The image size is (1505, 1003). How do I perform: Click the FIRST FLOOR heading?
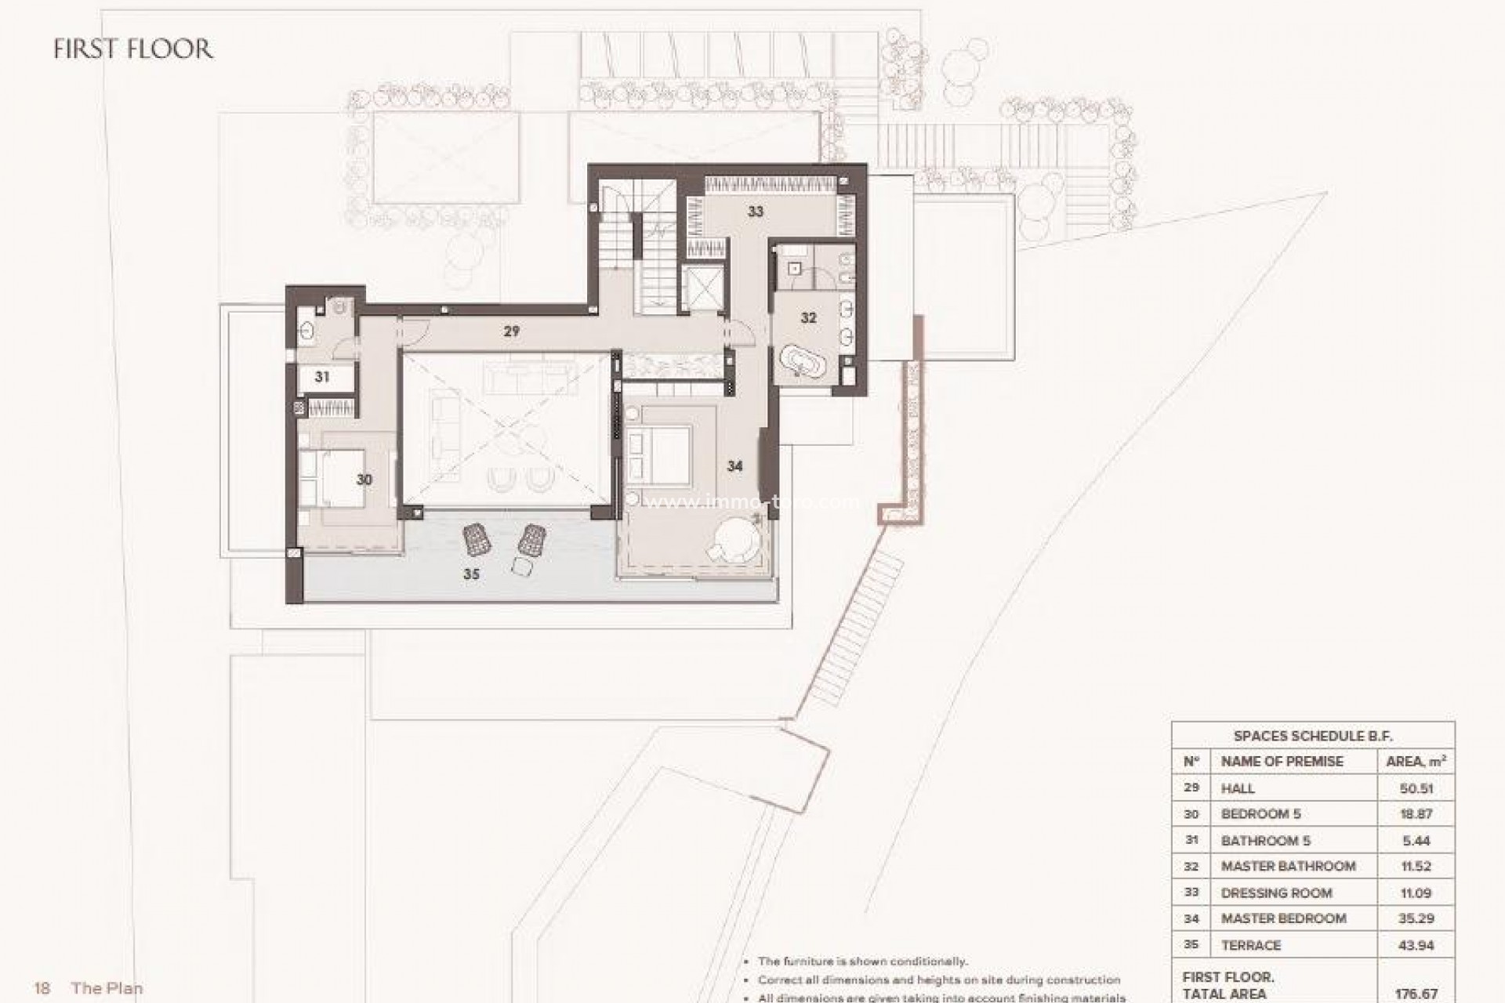133,49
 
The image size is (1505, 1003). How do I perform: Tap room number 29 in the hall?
511,331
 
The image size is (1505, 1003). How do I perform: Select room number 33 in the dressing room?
755,212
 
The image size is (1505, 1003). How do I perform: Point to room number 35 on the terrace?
470,574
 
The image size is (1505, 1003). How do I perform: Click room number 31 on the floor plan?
322,377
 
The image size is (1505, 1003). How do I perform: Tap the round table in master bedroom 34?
736,540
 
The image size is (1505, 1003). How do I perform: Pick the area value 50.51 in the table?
1416,788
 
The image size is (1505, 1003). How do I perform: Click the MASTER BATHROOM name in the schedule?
1288,866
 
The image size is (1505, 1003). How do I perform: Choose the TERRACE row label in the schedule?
1251,945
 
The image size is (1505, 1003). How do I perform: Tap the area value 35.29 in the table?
1416,918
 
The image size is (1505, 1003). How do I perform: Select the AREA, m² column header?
1416,761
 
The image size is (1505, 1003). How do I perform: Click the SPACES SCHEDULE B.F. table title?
1313,736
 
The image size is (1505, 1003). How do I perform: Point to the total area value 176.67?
1416,994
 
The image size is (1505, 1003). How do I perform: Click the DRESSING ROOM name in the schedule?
1276,893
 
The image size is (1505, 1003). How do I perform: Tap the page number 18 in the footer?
42,988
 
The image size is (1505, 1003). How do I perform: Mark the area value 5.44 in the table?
1416,841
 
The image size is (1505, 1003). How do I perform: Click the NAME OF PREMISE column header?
1282,761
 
